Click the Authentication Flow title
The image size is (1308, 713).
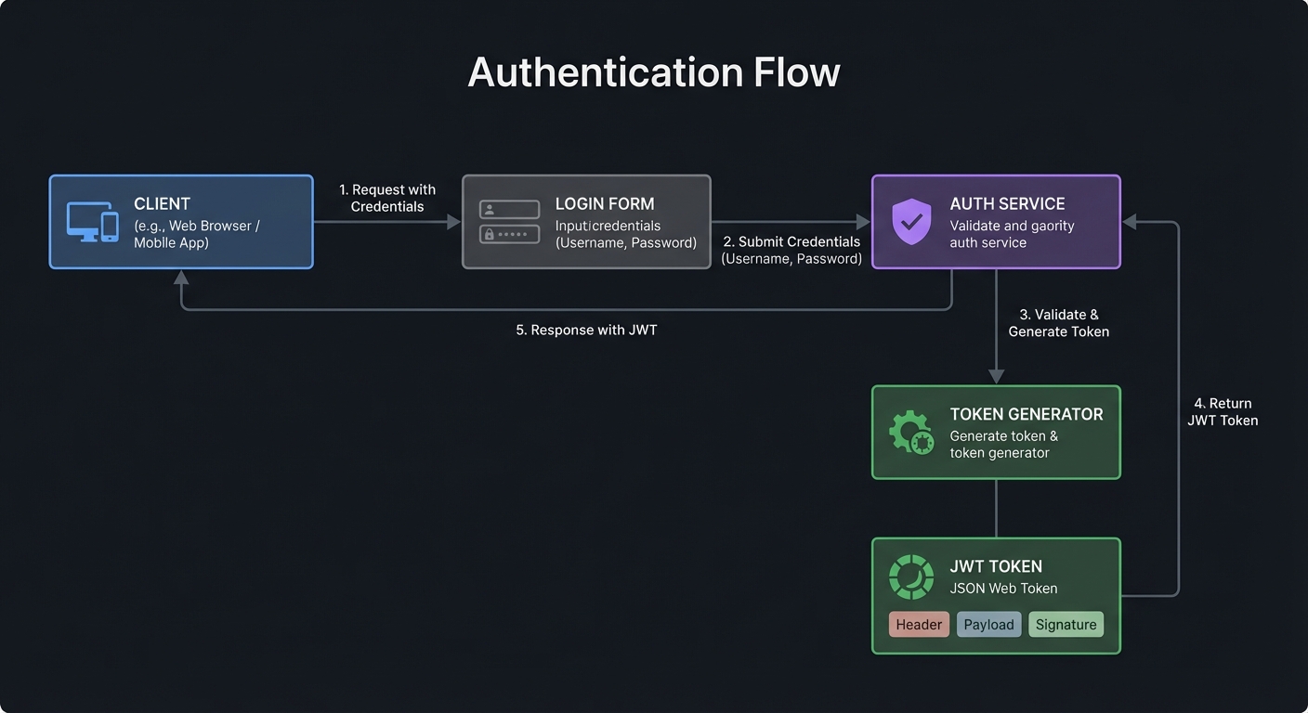[653, 72]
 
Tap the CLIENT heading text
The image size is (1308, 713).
[162, 204]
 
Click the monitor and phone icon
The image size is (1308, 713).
[93, 222]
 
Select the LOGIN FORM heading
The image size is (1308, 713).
[605, 204]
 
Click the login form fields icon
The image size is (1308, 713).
[509, 222]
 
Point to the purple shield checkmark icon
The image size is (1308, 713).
[910, 222]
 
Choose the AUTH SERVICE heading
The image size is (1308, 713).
[1007, 204]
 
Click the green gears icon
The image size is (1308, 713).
[910, 433]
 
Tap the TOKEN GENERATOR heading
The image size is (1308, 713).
[1027, 415]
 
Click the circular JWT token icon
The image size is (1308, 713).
[910, 577]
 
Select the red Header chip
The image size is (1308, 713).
[919, 625]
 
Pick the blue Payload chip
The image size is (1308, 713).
[988, 625]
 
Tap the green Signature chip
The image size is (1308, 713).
[1066, 625]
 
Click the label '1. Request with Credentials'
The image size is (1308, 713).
[387, 198]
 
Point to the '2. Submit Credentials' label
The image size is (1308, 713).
[791, 250]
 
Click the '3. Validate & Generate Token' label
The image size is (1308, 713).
[1058, 323]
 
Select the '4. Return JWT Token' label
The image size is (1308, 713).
[1223, 412]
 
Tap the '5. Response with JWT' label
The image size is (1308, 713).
[586, 330]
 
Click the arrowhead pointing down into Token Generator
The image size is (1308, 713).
[996, 376]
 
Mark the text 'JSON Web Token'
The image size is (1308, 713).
[1003, 589]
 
